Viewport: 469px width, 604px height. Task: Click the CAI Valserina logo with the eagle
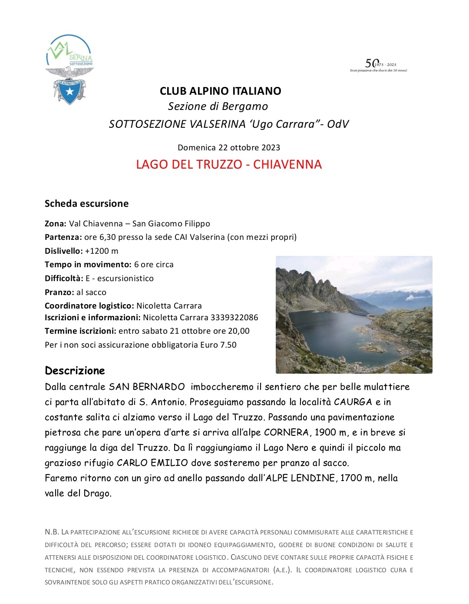pyautogui.click(x=69, y=70)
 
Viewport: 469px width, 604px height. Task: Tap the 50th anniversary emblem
pyautogui.click(x=379, y=65)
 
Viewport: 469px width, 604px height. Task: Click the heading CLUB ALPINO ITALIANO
pyautogui.click(x=220, y=91)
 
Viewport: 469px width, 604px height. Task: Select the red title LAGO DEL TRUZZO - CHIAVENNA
pyautogui.click(x=229, y=165)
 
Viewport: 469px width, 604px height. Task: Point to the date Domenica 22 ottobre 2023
pyautogui.click(x=229, y=147)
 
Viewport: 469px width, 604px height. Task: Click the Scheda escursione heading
pyautogui.click(x=86, y=203)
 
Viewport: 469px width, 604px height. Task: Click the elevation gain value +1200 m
pyautogui.click(x=102, y=251)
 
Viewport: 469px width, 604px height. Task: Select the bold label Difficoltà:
pyautogui.click(x=64, y=279)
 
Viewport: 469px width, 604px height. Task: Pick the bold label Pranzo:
pyautogui.click(x=59, y=292)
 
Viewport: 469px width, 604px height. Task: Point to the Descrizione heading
pyautogui.click(x=75, y=371)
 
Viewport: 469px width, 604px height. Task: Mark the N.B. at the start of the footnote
pyautogui.click(x=52, y=532)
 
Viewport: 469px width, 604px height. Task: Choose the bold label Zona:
pyautogui.click(x=56, y=224)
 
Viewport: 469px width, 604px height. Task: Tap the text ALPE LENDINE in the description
pyautogui.click(x=300, y=478)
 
